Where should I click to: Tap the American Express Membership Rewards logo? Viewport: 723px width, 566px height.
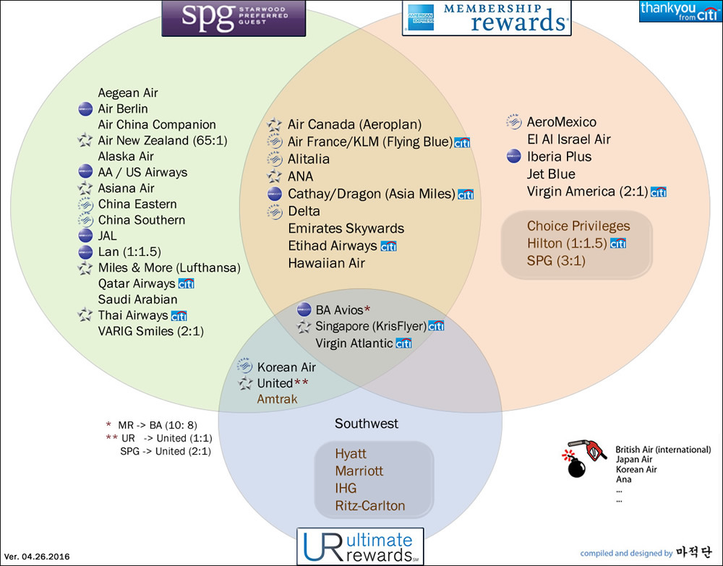[x=486, y=17]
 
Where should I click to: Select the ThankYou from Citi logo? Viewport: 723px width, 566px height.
[x=680, y=12]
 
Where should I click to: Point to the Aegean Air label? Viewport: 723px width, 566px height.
[x=128, y=93]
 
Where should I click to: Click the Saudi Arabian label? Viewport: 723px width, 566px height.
[x=137, y=299]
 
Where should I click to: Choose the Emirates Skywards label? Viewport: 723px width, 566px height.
[x=346, y=228]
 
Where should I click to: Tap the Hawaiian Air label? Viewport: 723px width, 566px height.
[x=326, y=263]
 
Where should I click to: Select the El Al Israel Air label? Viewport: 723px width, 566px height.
[x=569, y=140]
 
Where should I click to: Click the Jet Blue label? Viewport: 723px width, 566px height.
[x=551, y=174]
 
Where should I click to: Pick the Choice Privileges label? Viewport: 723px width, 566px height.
[x=578, y=226]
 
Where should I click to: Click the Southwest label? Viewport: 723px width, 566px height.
[x=367, y=424]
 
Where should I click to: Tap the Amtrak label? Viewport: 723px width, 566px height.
[x=277, y=398]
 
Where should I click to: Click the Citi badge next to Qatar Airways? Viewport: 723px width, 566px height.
[x=186, y=284]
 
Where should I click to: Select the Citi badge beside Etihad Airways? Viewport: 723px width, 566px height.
[x=388, y=246]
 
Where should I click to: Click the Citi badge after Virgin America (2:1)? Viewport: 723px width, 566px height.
[x=658, y=192]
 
